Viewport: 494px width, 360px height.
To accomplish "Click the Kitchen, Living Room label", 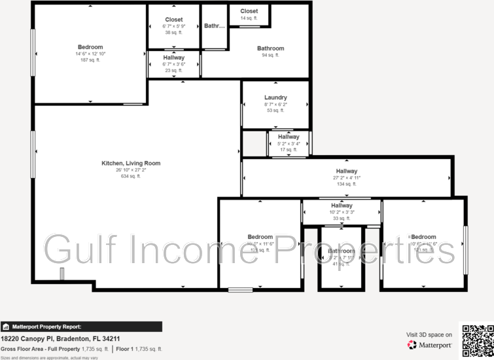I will [x=130, y=163].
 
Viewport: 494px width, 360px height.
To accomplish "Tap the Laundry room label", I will [x=275, y=98].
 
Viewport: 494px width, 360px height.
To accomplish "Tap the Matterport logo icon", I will [x=412, y=345].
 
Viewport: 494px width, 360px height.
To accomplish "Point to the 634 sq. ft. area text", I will [x=130, y=176].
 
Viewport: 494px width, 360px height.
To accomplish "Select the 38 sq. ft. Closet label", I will [x=174, y=32].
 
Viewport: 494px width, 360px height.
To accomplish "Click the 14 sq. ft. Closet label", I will [x=249, y=18].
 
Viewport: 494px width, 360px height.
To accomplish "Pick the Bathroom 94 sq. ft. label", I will [x=270, y=48].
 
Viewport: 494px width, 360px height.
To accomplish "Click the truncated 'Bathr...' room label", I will [x=214, y=26].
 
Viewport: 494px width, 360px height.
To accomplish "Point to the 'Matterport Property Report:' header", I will [x=46, y=326].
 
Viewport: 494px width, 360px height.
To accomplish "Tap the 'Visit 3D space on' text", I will [x=429, y=334].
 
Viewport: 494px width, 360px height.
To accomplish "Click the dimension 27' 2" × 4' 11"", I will [x=346, y=177].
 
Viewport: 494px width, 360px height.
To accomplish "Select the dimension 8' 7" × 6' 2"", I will [x=275, y=104].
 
